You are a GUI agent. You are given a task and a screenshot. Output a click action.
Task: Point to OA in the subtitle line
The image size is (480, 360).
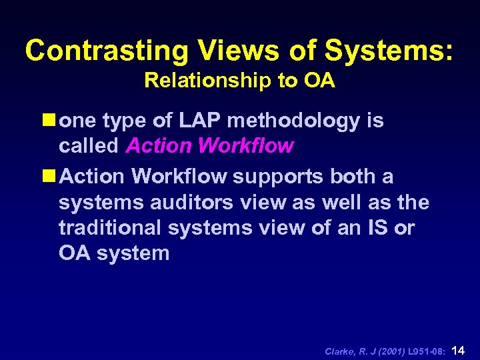pyautogui.click(x=321, y=81)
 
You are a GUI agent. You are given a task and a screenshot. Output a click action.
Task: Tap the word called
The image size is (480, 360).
pyautogui.click(x=89, y=146)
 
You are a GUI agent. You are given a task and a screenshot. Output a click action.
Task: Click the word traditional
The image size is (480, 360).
pyautogui.click(x=111, y=228)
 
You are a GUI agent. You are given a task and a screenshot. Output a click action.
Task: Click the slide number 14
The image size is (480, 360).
pyautogui.click(x=458, y=349)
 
